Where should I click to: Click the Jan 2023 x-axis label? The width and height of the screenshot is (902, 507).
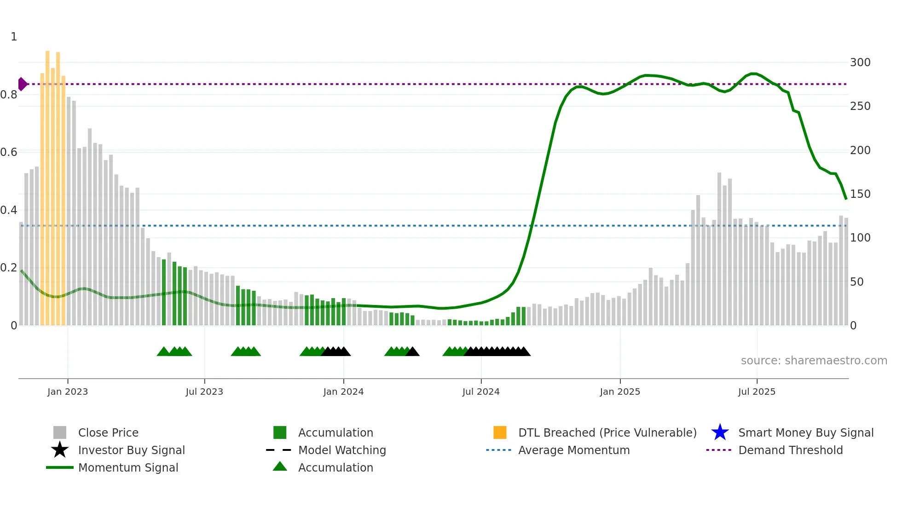click(68, 392)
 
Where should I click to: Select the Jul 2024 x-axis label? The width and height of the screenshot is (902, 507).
click(481, 392)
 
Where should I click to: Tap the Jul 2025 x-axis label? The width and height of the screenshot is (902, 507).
click(757, 392)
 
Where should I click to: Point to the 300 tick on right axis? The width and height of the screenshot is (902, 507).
click(860, 63)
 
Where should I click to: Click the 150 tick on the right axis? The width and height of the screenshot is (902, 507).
click(860, 194)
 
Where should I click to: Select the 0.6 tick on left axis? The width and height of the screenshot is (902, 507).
click(9, 152)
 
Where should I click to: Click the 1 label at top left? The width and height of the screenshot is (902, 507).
click(14, 37)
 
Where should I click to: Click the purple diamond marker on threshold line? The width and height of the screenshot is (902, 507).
click(22, 84)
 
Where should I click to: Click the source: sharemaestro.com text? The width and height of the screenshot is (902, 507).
click(814, 361)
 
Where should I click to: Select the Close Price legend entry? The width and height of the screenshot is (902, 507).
click(108, 432)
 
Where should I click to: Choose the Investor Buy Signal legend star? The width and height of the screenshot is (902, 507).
click(60, 450)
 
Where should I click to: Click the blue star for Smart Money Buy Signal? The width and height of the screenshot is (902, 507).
click(720, 432)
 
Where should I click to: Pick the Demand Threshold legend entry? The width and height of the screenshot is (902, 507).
click(790, 450)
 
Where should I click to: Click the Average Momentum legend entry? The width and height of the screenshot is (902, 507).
click(573, 450)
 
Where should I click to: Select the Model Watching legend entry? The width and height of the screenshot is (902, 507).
click(341, 450)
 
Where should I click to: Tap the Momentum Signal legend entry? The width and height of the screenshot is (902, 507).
click(128, 467)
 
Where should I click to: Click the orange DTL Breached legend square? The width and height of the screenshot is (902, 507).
click(500, 432)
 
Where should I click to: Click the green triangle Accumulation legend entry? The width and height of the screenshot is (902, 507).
click(280, 467)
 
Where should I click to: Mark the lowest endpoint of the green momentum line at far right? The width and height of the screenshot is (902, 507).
click(846, 199)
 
